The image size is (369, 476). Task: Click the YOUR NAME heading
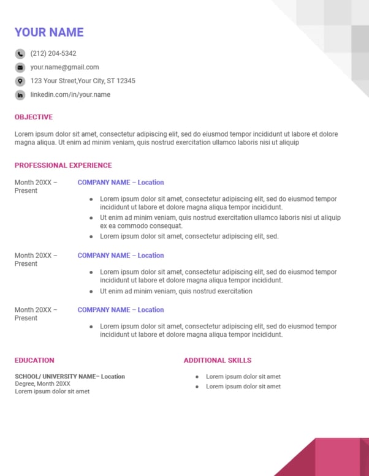click(x=49, y=32)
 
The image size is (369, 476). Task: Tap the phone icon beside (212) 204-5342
click(x=20, y=54)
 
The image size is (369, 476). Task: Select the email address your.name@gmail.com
click(x=64, y=67)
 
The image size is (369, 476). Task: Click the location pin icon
click(x=20, y=81)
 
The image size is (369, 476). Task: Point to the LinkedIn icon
click(x=20, y=95)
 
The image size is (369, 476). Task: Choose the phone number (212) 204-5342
click(x=53, y=54)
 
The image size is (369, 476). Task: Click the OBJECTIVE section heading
click(x=34, y=117)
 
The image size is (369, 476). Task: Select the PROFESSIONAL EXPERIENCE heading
click(x=63, y=165)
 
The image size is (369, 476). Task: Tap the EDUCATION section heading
click(x=34, y=360)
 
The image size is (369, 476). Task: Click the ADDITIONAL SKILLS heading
click(x=218, y=360)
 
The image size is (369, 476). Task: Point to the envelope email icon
click(x=20, y=67)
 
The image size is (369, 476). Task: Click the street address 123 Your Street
click(x=83, y=81)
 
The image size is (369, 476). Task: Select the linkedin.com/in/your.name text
click(x=70, y=95)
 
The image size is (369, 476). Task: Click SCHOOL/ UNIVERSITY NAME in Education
click(x=56, y=377)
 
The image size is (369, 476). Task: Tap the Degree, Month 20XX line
click(x=42, y=384)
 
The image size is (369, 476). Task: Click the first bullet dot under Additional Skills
click(x=197, y=377)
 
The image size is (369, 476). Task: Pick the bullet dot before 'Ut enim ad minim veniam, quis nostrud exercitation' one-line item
click(x=91, y=292)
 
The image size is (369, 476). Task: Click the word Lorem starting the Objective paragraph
click(x=23, y=134)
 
